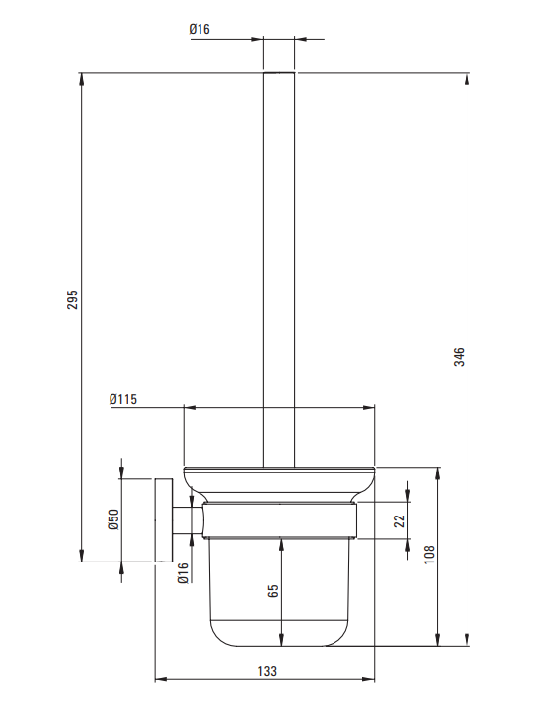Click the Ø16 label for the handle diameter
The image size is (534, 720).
(200, 30)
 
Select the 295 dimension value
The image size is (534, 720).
(73, 299)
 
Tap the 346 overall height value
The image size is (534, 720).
(459, 357)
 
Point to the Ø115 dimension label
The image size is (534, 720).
(123, 399)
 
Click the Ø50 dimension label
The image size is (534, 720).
(113, 519)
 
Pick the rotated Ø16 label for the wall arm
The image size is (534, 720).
(183, 573)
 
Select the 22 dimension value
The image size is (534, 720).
(399, 520)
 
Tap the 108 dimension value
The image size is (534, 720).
(429, 555)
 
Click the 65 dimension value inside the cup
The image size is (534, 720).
(273, 591)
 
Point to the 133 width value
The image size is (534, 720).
(267, 671)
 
